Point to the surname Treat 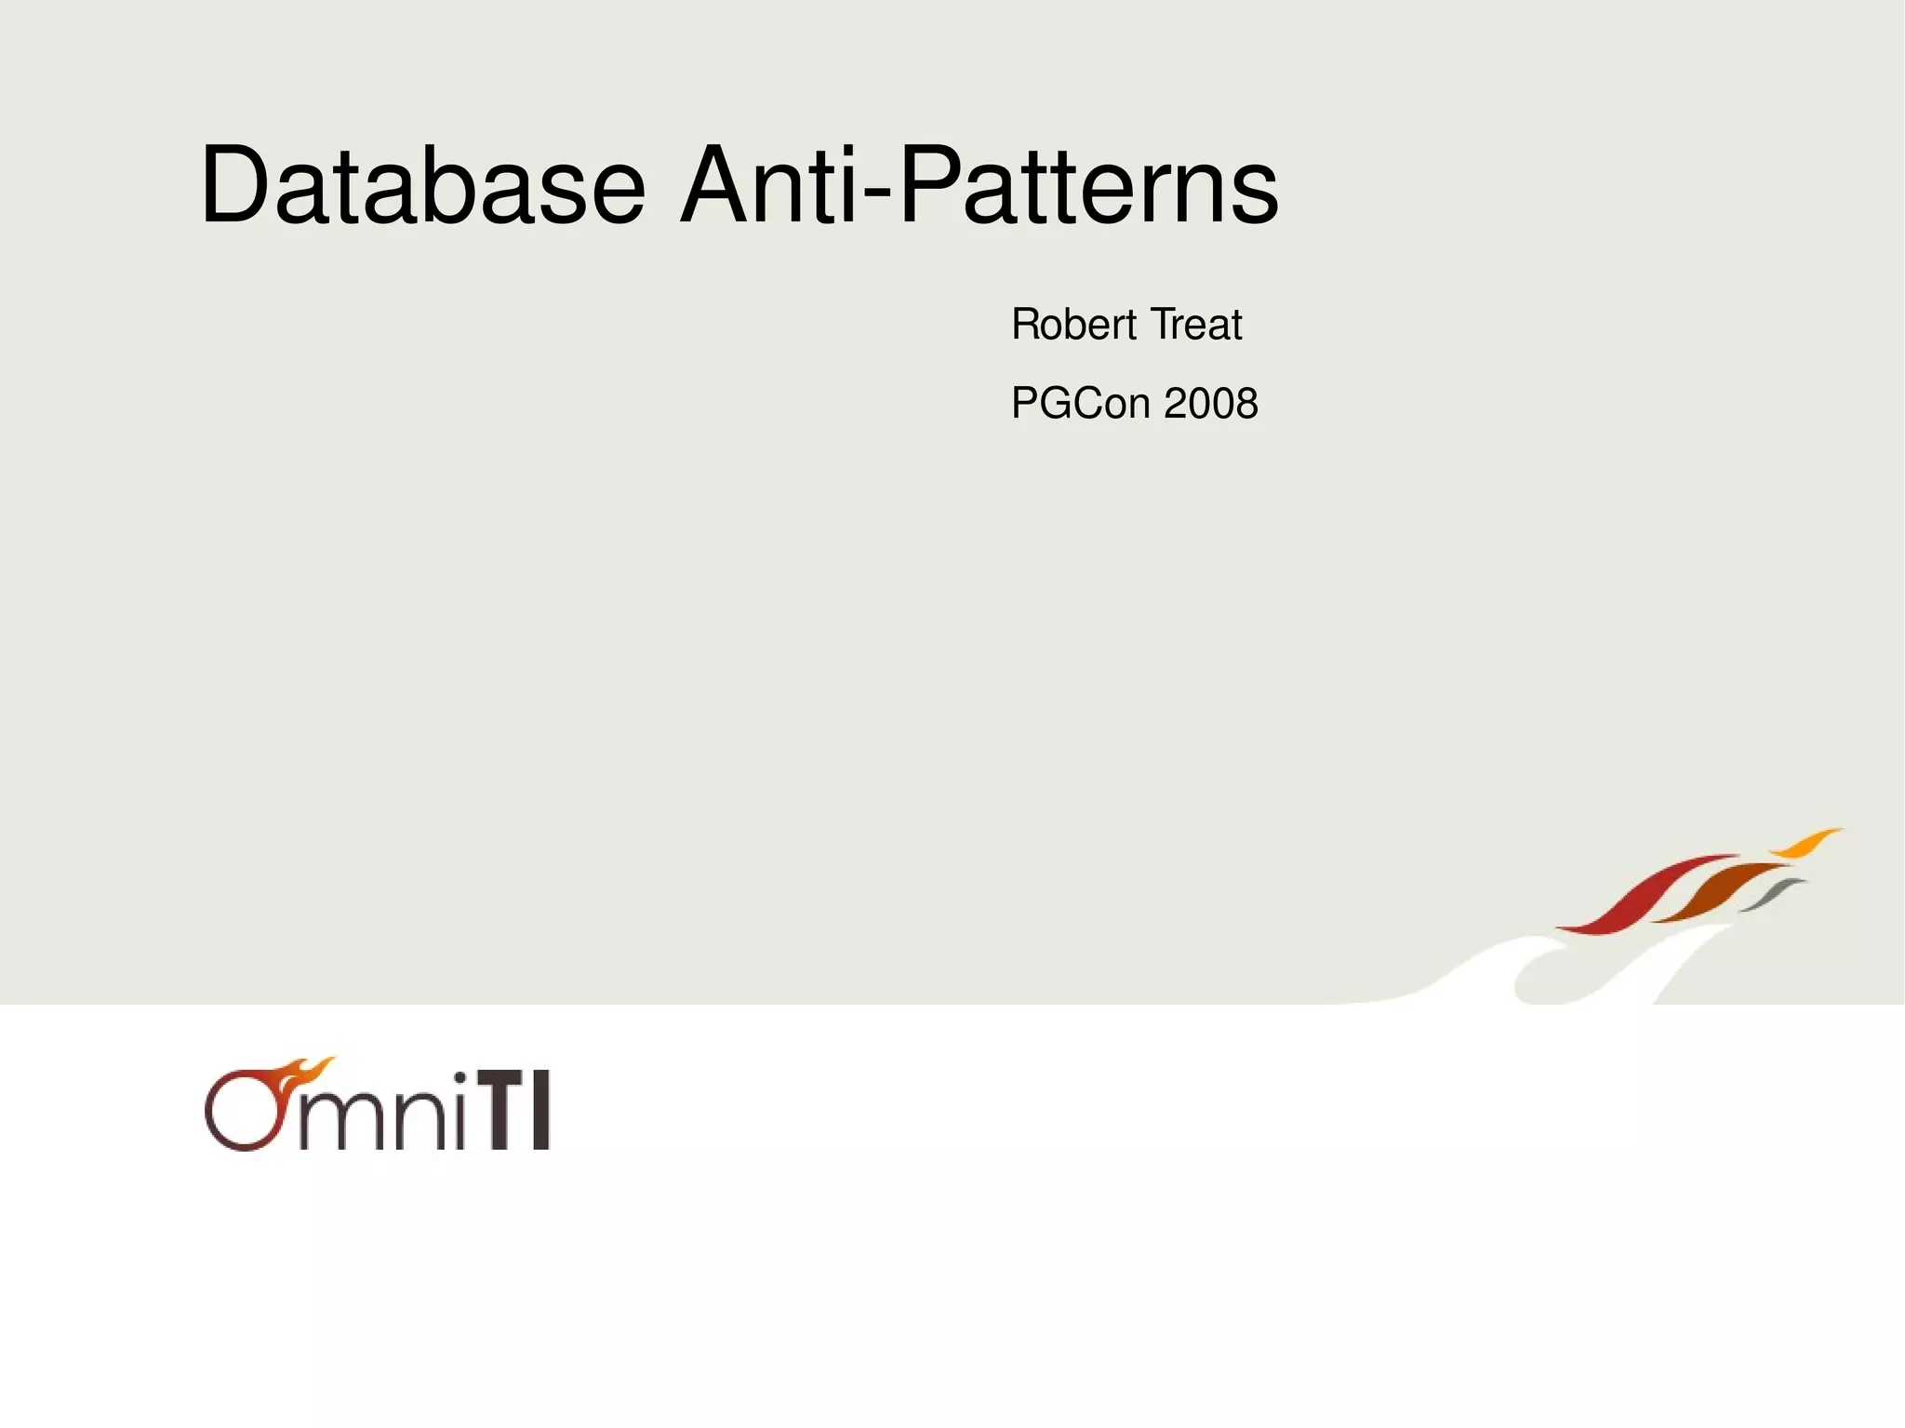pyautogui.click(x=1196, y=325)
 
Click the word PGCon pyautogui.click(x=1081, y=404)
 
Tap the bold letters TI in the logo pyautogui.click(x=518, y=1111)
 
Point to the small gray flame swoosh pyautogui.click(x=1773, y=894)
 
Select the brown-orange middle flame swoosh pyautogui.click(x=1721, y=891)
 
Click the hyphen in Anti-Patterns pyautogui.click(x=879, y=194)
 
